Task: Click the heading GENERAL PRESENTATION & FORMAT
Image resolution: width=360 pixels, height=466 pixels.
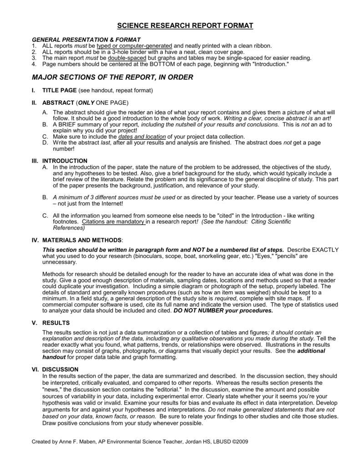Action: point(86,40)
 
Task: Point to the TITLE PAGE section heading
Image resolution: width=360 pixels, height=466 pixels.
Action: point(60,91)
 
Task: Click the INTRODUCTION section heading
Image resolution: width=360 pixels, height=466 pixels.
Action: point(65,161)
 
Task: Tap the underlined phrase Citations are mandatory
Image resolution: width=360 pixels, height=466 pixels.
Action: point(113,222)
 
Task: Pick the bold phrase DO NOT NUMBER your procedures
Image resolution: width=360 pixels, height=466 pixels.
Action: point(223,311)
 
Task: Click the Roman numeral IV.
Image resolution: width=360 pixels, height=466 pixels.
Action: point(35,240)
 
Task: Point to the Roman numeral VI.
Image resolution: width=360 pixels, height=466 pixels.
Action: point(35,369)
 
